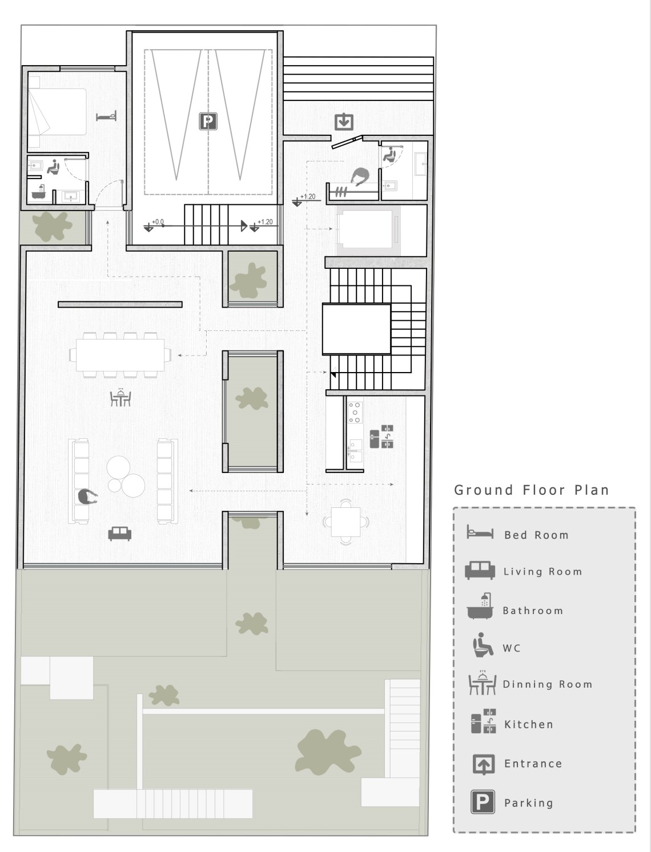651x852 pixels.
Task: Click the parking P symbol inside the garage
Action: (x=208, y=122)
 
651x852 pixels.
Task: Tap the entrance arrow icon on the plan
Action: (x=344, y=122)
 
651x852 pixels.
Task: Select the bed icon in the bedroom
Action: (x=106, y=116)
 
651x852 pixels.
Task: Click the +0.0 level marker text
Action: (x=158, y=222)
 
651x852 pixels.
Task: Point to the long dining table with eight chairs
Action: (x=120, y=355)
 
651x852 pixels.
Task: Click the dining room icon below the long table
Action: (x=120, y=397)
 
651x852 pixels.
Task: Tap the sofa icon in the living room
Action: (x=119, y=534)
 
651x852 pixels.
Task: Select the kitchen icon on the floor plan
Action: (x=381, y=437)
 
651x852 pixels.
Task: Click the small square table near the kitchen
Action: (x=345, y=522)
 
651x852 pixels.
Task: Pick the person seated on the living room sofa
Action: (x=87, y=497)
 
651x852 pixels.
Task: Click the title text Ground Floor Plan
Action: (x=532, y=490)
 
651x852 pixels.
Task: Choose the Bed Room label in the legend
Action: (x=536, y=535)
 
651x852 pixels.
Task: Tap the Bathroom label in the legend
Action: (x=533, y=611)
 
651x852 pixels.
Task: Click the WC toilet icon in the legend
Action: (x=483, y=645)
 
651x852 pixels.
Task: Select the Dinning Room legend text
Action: (x=548, y=684)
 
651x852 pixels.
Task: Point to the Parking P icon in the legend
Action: (x=483, y=802)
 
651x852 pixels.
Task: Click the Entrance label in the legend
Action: (x=533, y=764)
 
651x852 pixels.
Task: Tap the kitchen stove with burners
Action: (x=355, y=412)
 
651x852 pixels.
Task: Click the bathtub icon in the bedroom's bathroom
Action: (x=39, y=192)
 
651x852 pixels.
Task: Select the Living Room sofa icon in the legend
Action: (x=480, y=570)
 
